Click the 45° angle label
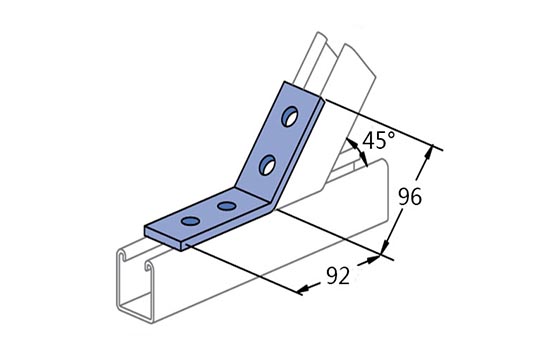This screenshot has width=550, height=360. click(x=378, y=140)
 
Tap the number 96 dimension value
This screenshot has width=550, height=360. click(x=410, y=197)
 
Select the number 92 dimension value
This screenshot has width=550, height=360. click(x=338, y=275)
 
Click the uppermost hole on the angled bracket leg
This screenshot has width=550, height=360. click(x=290, y=116)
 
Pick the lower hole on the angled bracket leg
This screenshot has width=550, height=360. click(x=267, y=165)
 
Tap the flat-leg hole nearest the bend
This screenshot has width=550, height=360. click(x=226, y=206)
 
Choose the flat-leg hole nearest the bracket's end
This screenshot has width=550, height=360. click(x=190, y=221)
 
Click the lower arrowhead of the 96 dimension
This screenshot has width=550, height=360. click(x=385, y=247)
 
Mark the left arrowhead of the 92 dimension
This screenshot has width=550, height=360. click(x=304, y=289)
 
